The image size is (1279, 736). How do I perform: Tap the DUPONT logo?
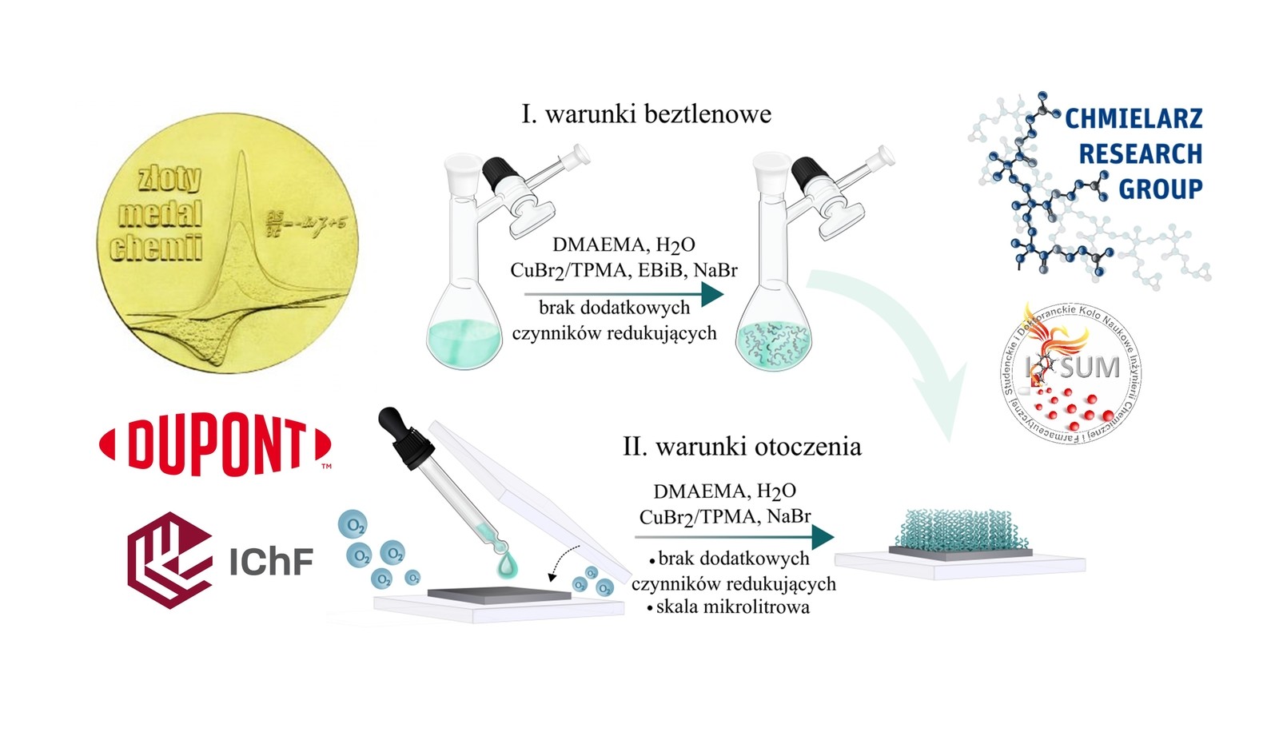tap(215, 445)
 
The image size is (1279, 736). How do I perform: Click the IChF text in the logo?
tap(271, 562)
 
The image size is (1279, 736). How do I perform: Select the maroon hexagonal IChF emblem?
tap(169, 559)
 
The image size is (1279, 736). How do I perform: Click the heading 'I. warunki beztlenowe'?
tap(646, 114)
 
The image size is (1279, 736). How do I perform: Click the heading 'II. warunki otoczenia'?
tap(742, 447)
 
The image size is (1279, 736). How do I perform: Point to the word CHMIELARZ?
tap(1134, 119)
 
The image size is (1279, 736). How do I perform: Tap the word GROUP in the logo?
tap(1160, 189)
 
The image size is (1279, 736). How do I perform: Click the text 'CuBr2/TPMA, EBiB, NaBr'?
tap(624, 270)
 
